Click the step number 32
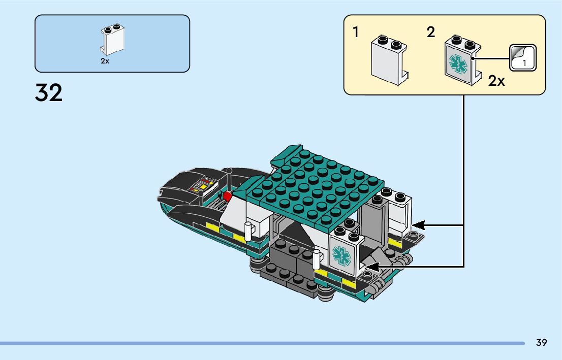pos(49,93)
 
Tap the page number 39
pos(541,343)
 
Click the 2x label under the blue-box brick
pos(105,61)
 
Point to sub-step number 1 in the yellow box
pos(356,33)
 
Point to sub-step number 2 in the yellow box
pos(431,33)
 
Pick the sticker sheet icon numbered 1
pos(523,57)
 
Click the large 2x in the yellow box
pos(496,81)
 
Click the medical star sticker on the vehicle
pos(341,255)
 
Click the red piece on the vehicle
pos(227,195)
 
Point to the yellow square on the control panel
pos(202,186)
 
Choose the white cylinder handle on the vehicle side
pos(248,231)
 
